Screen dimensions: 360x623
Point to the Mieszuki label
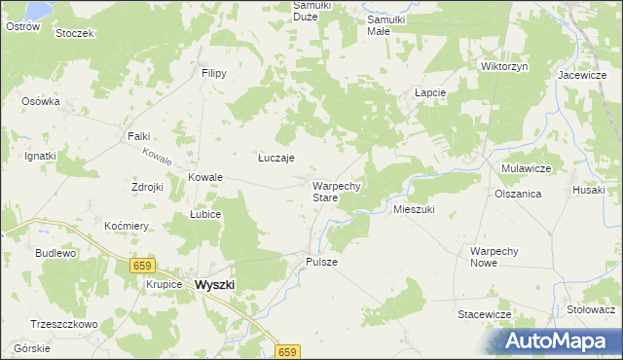[413, 209]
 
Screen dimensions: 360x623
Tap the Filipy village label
[214, 73]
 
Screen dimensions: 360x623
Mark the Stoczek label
[74, 33]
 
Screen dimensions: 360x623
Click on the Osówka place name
[41, 101]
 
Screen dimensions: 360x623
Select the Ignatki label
[40, 156]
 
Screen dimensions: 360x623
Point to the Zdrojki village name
[146, 187]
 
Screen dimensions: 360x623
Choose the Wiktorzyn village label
[504, 66]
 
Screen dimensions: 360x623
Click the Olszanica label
[517, 194]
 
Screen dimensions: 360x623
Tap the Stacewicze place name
[485, 314]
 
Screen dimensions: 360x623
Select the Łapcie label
[429, 92]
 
